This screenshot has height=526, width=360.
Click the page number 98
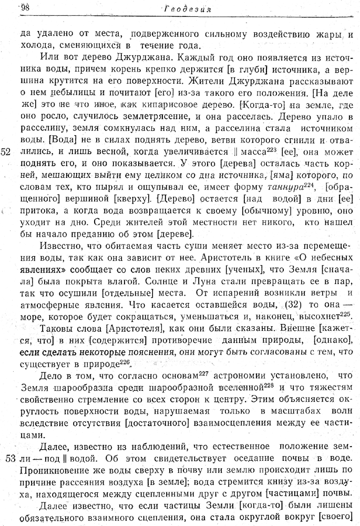click(x=24, y=7)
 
